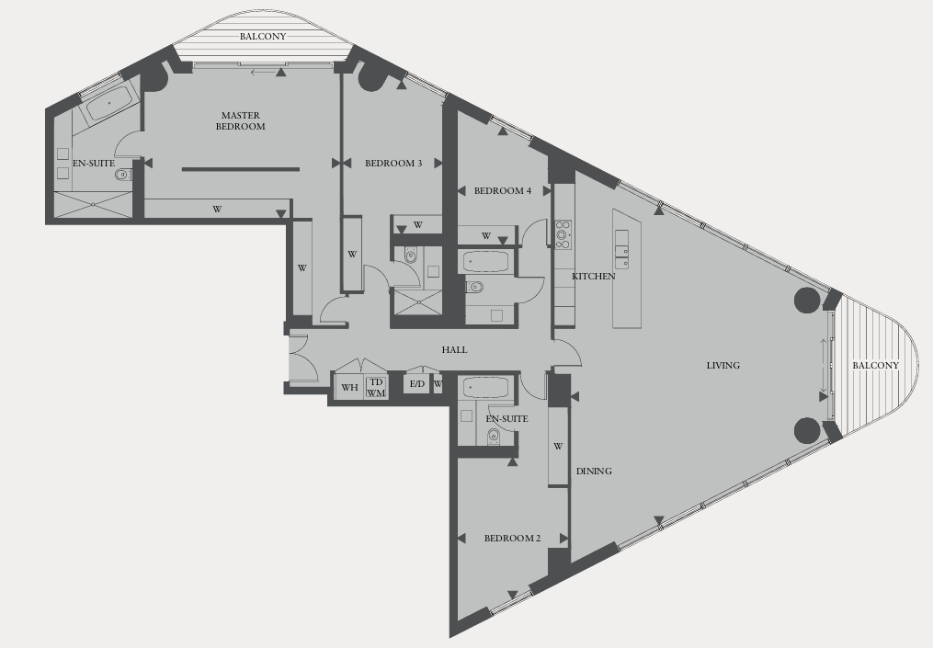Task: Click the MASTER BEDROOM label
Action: [241, 120]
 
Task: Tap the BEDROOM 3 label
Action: [393, 164]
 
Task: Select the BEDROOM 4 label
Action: [503, 191]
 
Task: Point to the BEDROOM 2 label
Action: [512, 539]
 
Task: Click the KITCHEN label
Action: [593, 277]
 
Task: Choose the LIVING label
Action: [723, 366]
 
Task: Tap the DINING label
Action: [594, 472]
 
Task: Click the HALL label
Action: [454, 350]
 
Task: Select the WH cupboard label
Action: [349, 388]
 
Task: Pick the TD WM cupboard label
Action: [376, 387]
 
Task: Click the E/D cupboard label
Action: [417, 383]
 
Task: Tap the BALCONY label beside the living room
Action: [875, 366]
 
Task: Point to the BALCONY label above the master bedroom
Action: [263, 37]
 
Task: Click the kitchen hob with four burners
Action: [563, 234]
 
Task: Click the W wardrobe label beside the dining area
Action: [558, 447]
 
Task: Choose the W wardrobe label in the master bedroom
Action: [217, 210]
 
